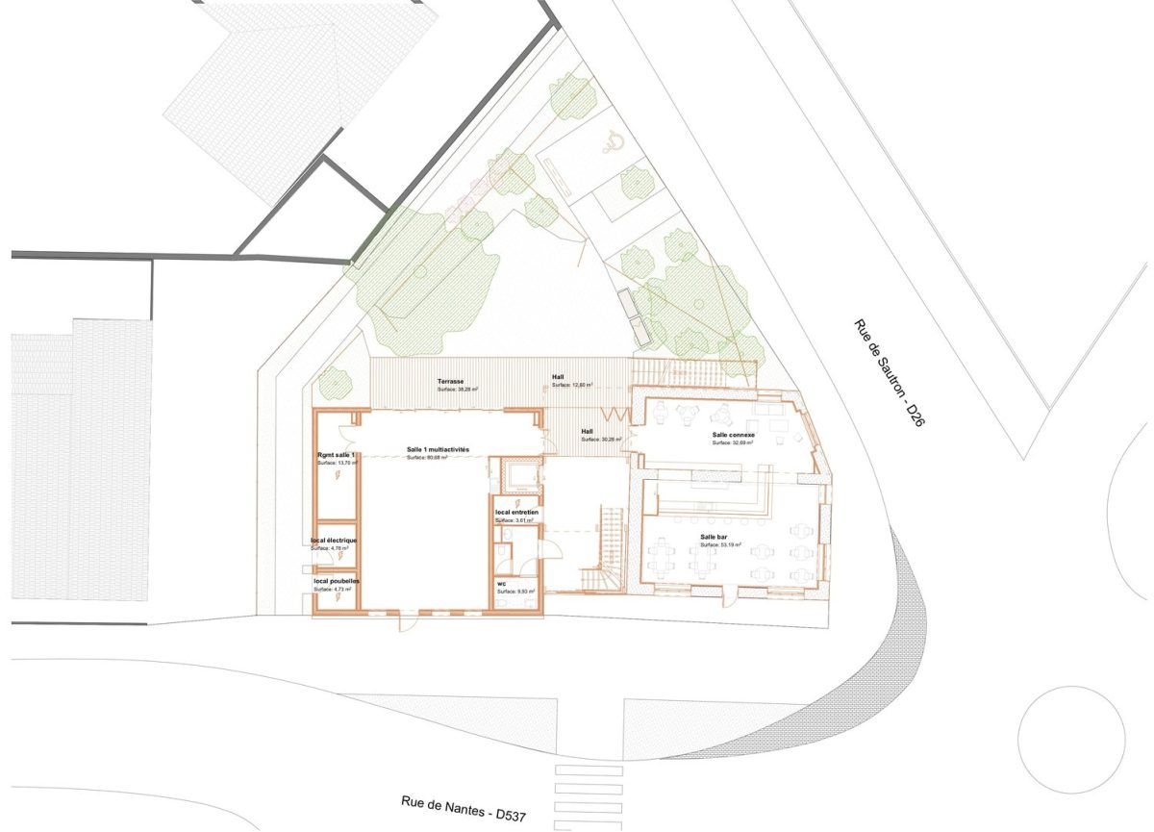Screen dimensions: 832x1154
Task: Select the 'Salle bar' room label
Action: (x=715, y=537)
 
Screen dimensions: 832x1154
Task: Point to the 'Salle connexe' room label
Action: (x=734, y=435)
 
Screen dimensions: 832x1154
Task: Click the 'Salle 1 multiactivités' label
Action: (x=438, y=449)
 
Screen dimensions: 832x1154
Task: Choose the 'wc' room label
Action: (x=502, y=584)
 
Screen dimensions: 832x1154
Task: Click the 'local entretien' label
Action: (x=517, y=514)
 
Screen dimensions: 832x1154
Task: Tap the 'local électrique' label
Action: (x=334, y=541)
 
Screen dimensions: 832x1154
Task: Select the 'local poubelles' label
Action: (x=335, y=582)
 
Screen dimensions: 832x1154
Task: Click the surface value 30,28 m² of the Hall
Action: (x=607, y=440)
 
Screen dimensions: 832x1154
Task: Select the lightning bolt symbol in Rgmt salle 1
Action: (x=337, y=475)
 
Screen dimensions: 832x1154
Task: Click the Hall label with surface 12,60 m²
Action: (x=559, y=377)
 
